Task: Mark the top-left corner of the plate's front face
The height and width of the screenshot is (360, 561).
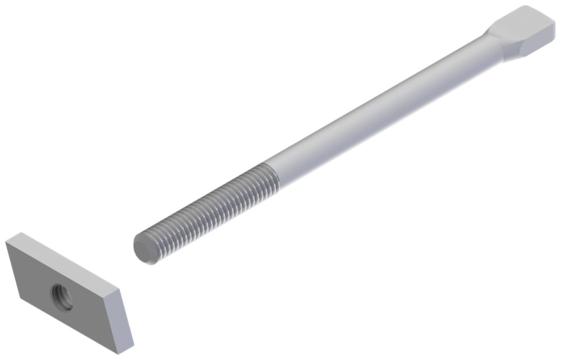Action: pos(6,242)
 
